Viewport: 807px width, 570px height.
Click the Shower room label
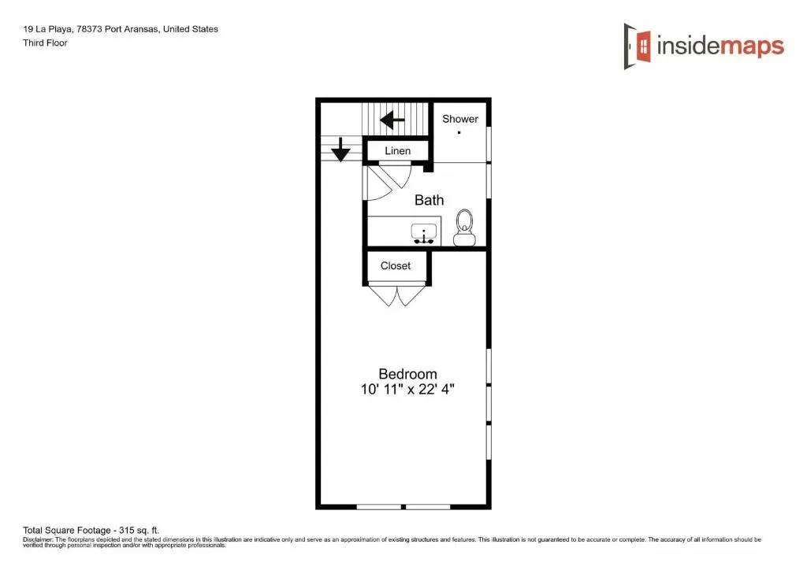tap(460, 119)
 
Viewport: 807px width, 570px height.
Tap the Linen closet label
tap(398, 151)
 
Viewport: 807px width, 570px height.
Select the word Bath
tap(430, 200)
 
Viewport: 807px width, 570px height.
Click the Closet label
tap(396, 266)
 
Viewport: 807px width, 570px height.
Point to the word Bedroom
tap(407, 374)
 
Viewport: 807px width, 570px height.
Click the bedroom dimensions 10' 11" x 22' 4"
tap(407, 389)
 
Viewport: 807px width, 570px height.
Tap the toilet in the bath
tap(464, 228)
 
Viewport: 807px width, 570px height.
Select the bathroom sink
tap(424, 233)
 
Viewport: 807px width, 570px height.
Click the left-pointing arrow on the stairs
tap(392, 120)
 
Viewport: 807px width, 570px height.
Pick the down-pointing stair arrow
tap(340, 150)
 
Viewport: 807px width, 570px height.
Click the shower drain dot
tap(459, 132)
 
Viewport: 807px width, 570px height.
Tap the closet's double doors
tap(397, 295)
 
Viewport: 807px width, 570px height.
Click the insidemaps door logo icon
tap(637, 46)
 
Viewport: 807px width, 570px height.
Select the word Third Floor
tap(45, 43)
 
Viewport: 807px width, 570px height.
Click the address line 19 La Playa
tap(47, 29)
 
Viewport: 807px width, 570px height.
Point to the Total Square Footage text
tap(91, 530)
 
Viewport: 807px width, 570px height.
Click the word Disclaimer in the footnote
tap(38, 539)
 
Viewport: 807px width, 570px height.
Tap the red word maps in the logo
tap(752, 46)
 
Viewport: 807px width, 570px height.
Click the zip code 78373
tap(89, 29)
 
